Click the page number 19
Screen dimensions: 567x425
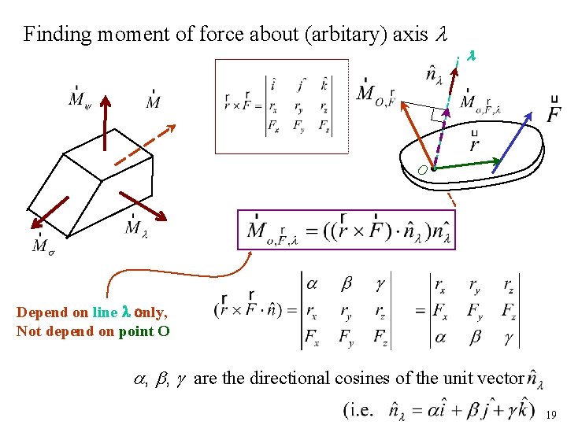pos(551,414)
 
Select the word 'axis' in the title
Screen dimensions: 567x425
pos(410,34)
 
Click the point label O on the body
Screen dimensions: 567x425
pos(423,170)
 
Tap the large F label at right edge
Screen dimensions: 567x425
pos(554,111)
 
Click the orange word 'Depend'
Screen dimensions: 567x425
pos(41,312)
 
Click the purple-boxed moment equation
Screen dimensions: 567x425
pos(346,230)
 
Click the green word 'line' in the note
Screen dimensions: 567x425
pos(105,312)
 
